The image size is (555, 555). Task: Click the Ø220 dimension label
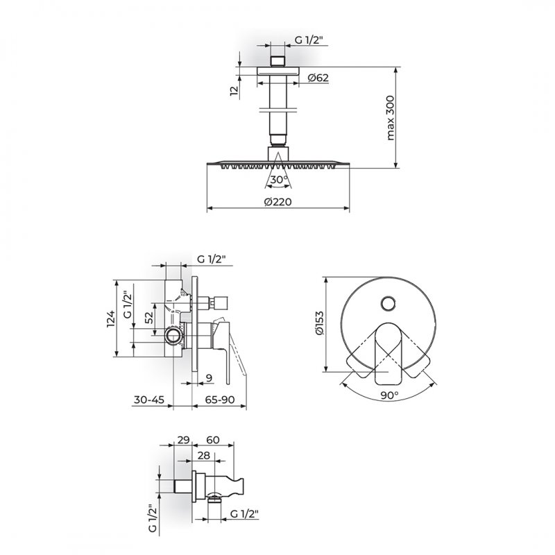[x=278, y=202]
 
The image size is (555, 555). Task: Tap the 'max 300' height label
[x=390, y=118]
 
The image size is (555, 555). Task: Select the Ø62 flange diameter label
[x=318, y=78]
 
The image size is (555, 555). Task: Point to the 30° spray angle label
[x=279, y=180]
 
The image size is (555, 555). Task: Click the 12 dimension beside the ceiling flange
[x=234, y=91]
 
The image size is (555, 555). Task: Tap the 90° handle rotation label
[x=390, y=395]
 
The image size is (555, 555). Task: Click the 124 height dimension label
[x=111, y=318]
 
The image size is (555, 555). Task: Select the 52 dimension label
[x=149, y=317]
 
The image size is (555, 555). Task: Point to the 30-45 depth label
[x=149, y=400]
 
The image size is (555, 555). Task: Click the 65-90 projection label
[x=220, y=400]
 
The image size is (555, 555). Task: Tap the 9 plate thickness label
[x=210, y=378]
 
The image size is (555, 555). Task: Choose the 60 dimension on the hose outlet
[x=213, y=440]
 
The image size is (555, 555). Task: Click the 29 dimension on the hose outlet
[x=183, y=440]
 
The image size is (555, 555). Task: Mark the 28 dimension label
[x=204, y=455]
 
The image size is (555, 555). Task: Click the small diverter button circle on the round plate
[x=388, y=304]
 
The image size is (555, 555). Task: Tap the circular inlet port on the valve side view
[x=173, y=335]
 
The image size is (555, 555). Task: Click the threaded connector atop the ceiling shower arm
[x=277, y=61]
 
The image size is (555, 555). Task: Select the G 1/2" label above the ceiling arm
[x=309, y=40]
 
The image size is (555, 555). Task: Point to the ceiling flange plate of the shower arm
[x=278, y=71]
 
